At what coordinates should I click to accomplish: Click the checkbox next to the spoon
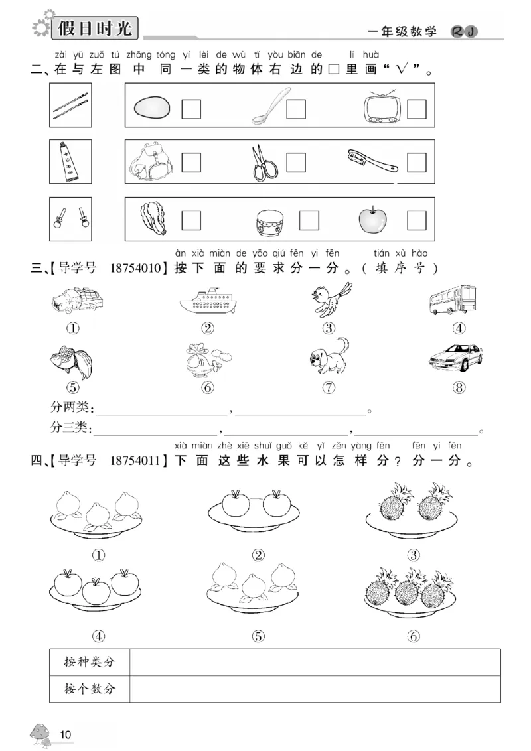pos(296,109)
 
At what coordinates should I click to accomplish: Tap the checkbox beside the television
pos(417,109)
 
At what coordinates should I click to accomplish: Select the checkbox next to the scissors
pos(296,163)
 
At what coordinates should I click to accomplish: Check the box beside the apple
pos(417,220)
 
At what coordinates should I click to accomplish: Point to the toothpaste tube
pos(69,162)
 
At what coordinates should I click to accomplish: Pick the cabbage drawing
pos(155,219)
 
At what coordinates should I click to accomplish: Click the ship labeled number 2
pos(208,302)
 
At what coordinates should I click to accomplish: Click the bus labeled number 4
pos(453,300)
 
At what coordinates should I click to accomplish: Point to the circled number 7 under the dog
pos(329,389)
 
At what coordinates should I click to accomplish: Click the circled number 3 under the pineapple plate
pos(414,555)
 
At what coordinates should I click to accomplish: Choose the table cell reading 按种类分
pos(90,662)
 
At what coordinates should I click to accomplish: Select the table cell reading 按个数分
pos(90,689)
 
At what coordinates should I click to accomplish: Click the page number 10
pos(65,734)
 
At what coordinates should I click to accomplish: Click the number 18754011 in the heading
pos(138,461)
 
